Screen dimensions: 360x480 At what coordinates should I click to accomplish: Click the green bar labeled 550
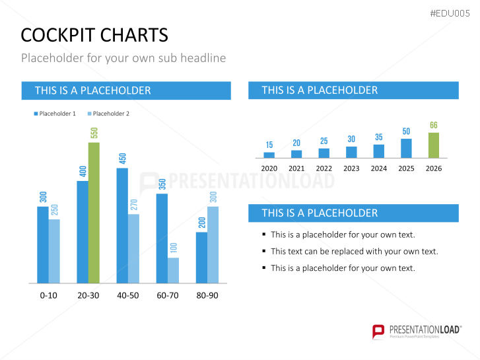(x=94, y=213)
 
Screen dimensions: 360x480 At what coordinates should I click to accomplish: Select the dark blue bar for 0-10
(x=43, y=245)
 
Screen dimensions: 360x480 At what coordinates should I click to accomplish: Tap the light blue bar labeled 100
(x=173, y=270)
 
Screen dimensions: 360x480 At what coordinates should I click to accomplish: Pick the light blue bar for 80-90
(x=213, y=245)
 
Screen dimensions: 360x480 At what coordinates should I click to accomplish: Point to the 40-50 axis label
(x=127, y=295)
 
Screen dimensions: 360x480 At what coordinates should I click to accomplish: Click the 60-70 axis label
(x=167, y=295)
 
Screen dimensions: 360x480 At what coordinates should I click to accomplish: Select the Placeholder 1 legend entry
(x=57, y=114)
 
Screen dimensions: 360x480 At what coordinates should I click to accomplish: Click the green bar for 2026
(x=433, y=145)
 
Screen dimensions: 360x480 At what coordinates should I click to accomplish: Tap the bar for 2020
(x=269, y=155)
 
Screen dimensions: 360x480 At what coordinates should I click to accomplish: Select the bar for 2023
(x=351, y=152)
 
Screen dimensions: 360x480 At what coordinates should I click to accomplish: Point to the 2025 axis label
(x=406, y=168)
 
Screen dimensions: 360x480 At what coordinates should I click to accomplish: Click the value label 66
(x=433, y=126)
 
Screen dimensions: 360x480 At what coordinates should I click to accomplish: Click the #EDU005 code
(x=451, y=14)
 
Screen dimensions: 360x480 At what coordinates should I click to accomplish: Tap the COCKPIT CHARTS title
(x=94, y=35)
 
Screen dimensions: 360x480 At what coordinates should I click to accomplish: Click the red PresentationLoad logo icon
(x=378, y=331)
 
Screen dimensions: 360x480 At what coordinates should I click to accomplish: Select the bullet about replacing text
(x=354, y=251)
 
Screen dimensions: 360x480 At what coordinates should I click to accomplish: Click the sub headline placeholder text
(x=123, y=58)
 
